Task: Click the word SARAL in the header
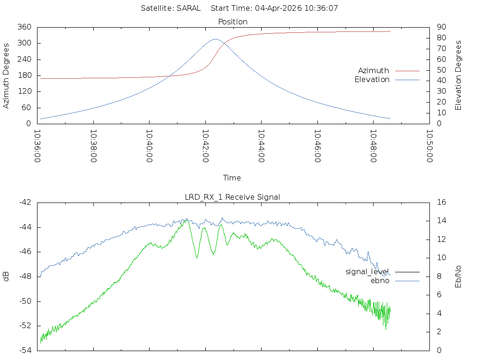(188, 8)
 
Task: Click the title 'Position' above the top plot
(233, 22)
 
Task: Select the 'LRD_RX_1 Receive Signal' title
(232, 197)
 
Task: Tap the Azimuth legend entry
(374, 70)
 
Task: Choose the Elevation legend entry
(372, 80)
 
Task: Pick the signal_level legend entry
(367, 271)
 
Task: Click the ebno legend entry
(380, 280)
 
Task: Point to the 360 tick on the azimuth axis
(24, 27)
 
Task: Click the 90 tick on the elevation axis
(441, 27)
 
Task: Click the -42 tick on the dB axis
(25, 202)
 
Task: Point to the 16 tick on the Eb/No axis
(441, 202)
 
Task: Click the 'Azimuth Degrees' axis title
(7, 75)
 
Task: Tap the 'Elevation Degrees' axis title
(458, 75)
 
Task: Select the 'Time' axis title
(232, 178)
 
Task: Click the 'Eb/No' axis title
(458, 276)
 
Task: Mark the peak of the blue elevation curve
(215, 39)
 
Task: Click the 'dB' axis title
(7, 276)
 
